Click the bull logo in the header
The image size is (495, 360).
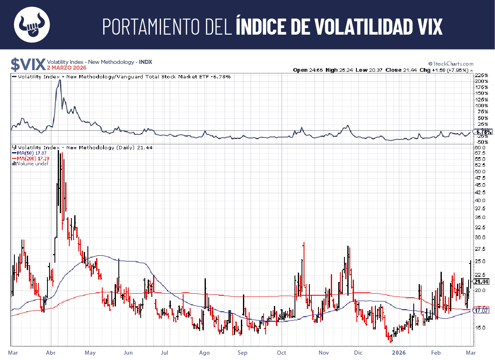click(x=32, y=24)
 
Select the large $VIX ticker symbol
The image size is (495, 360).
click(x=28, y=64)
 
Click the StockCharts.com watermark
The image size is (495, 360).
click(x=451, y=64)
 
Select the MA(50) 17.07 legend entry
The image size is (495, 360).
click(x=28, y=153)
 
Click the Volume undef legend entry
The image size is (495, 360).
click(x=31, y=164)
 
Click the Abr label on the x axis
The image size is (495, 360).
click(x=50, y=353)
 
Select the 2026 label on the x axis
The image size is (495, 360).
click(x=399, y=353)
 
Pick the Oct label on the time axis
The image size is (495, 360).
click(x=281, y=353)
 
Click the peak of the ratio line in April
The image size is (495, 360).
click(x=60, y=80)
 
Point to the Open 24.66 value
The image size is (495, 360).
click(x=307, y=70)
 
